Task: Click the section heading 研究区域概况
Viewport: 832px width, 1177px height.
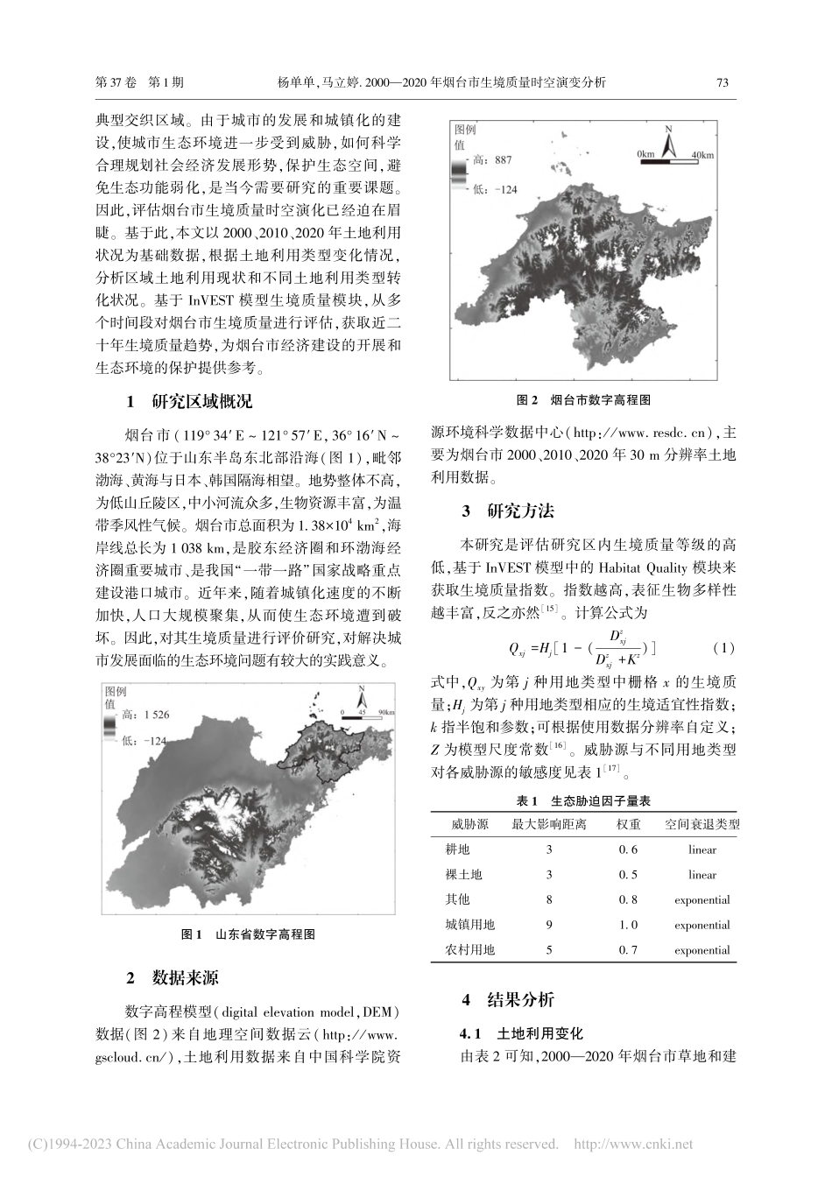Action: [x=201, y=402]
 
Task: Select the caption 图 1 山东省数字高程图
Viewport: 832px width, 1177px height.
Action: [x=248, y=934]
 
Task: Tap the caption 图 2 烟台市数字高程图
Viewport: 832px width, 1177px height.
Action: [x=583, y=399]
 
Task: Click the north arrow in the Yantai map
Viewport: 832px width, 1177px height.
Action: [x=668, y=142]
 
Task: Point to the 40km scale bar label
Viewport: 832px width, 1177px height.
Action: [x=702, y=155]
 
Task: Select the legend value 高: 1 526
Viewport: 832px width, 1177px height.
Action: [x=145, y=715]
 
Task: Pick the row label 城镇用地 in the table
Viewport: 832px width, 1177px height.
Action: [x=470, y=925]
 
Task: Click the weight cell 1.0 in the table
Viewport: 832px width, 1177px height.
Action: [x=628, y=925]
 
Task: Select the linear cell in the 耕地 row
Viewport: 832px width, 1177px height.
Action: [x=702, y=849]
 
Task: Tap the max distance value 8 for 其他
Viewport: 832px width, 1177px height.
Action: [x=549, y=899]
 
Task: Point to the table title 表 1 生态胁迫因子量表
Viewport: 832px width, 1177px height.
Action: [x=583, y=800]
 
